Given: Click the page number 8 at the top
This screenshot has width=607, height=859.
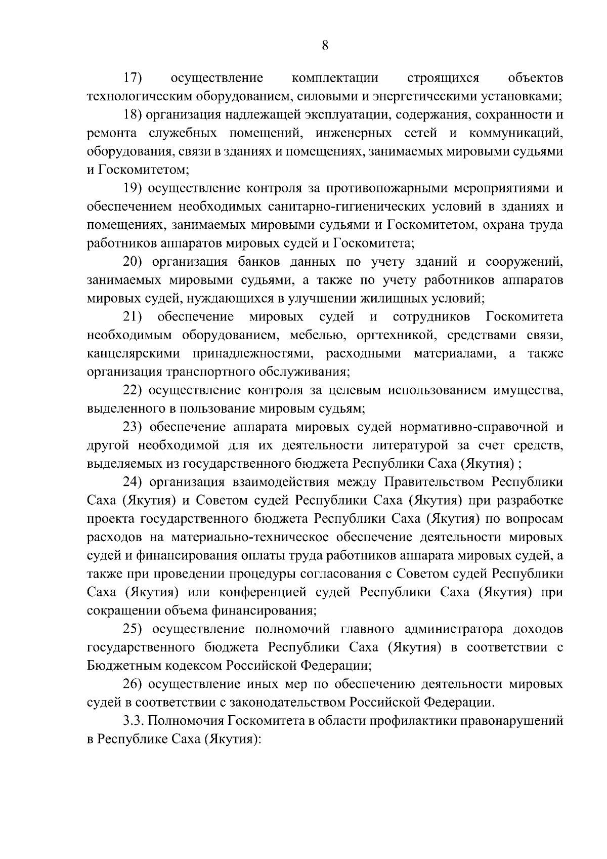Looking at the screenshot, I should [x=325, y=46].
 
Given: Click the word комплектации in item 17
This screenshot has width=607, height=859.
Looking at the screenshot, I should [x=335, y=78].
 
